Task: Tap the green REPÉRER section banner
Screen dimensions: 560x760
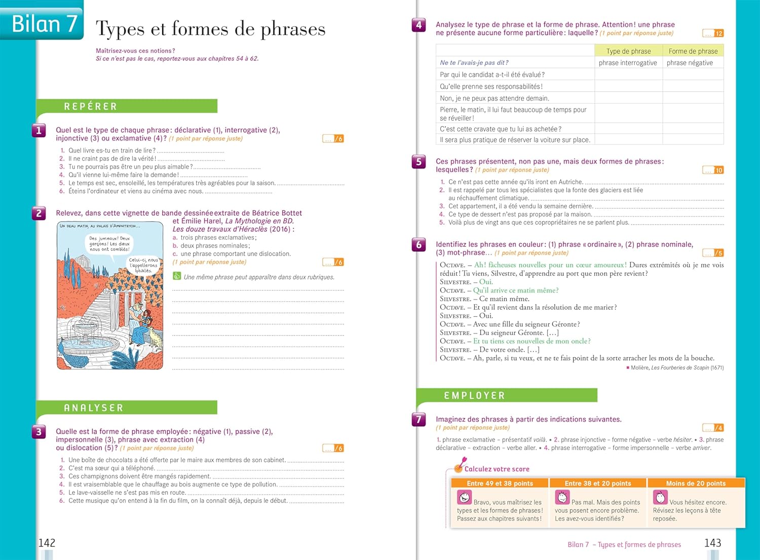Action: click(x=127, y=106)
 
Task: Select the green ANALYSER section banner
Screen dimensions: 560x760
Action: click(x=127, y=407)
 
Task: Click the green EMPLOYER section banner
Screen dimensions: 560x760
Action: click(x=507, y=395)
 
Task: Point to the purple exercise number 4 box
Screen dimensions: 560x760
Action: click(x=419, y=24)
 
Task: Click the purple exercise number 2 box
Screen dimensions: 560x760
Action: click(x=39, y=213)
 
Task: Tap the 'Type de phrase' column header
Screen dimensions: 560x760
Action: click(x=628, y=51)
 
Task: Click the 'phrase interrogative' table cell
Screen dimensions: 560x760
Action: click(x=628, y=63)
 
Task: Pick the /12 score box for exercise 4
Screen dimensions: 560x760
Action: click(x=713, y=33)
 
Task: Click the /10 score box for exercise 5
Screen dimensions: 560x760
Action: click(x=713, y=170)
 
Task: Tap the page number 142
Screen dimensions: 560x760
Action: click(x=47, y=543)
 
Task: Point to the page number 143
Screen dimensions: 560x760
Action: click(x=712, y=543)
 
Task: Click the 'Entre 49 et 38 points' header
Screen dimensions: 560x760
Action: click(x=500, y=483)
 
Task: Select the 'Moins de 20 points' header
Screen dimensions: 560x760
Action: click(x=696, y=483)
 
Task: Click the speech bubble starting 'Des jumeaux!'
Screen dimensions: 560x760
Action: click(x=109, y=243)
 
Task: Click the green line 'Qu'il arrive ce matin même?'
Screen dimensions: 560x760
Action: click(x=516, y=290)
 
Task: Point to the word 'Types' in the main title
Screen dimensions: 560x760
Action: click(x=120, y=29)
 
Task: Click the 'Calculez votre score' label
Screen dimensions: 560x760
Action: click(x=497, y=469)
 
